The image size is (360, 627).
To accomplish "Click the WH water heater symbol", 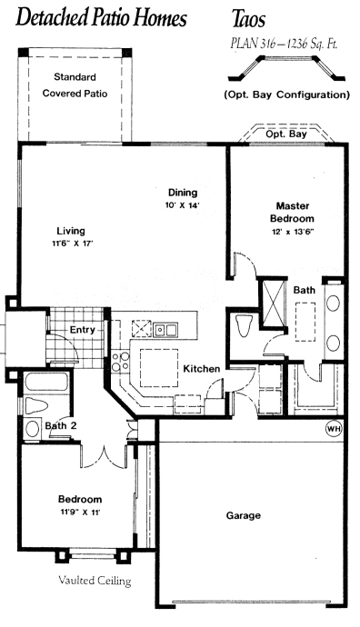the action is (335, 429).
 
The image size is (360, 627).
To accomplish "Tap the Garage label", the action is (244, 515).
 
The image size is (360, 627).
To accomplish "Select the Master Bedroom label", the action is (293, 213).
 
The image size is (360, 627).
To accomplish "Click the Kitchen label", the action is (202, 369).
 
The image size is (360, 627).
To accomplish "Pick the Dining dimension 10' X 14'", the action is (183, 205).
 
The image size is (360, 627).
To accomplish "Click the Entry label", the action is (83, 330).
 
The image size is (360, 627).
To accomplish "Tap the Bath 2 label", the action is (61, 425).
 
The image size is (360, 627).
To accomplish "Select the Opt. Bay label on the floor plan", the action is (286, 134).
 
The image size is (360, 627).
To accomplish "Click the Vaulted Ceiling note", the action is (95, 581).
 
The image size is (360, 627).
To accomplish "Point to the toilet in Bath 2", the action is (36, 406).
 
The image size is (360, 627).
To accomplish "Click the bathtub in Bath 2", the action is (46, 382).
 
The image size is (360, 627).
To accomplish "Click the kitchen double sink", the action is (165, 329).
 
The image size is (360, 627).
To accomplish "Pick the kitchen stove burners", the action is (120, 361).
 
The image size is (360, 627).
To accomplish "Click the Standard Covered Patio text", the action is (75, 85).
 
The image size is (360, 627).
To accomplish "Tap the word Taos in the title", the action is (248, 19).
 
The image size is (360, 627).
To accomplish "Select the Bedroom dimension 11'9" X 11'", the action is (80, 513).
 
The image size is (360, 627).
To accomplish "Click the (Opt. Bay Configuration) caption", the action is (286, 95).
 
